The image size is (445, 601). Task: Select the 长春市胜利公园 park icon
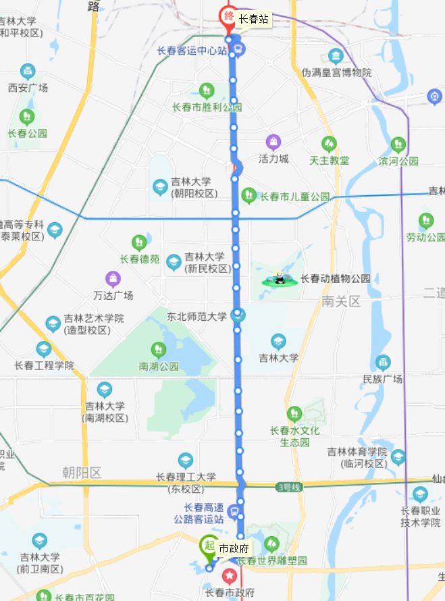(207, 90)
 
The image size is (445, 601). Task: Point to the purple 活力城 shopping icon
(273, 142)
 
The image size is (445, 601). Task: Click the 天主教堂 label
(329, 160)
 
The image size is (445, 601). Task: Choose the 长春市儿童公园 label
(295, 197)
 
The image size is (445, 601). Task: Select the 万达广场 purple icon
(113, 278)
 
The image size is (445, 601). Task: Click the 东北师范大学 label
(197, 315)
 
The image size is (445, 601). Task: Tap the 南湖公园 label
(159, 367)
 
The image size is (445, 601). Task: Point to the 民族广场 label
(382, 379)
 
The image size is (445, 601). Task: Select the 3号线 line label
(286, 486)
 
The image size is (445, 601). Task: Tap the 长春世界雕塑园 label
(272, 560)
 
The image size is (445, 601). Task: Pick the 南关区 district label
(342, 302)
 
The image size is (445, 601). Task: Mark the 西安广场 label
(28, 87)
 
